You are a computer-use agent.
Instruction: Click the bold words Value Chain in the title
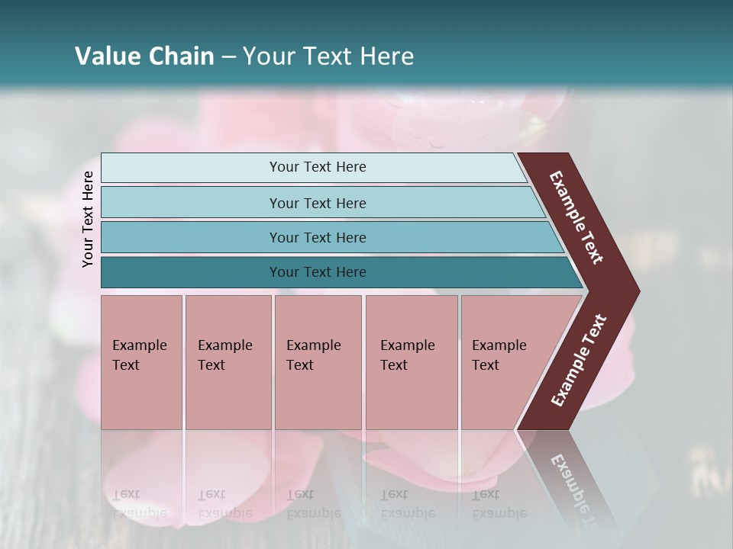coord(144,56)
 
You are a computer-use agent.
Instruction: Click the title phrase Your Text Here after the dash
coord(328,56)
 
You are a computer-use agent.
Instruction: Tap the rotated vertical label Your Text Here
coord(88,219)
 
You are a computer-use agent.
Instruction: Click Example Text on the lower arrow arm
coord(579,361)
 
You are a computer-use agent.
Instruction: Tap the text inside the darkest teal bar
coord(318,272)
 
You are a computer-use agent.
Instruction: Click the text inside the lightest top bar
coord(318,167)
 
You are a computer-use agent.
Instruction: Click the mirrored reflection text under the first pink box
coord(139,504)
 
